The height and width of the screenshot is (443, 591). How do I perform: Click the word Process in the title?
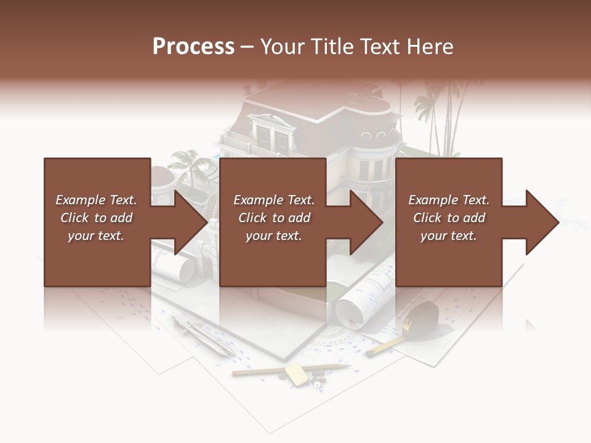coord(193,46)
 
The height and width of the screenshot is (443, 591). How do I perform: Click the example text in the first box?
coord(96,217)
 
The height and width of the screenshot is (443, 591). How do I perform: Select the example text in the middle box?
coord(274,217)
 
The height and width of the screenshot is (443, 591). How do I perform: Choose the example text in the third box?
coord(449,217)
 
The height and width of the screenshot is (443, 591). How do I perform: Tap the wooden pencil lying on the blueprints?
coord(289,369)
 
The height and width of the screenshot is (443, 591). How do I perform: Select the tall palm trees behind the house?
coord(440,117)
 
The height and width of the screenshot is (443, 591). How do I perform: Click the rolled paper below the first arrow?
coord(175,268)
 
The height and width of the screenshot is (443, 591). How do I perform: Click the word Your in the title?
coord(283,46)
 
